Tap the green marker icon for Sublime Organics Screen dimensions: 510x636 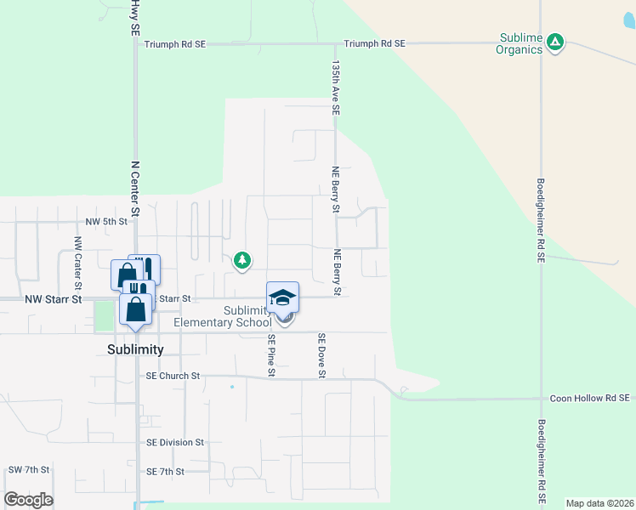tap(555, 42)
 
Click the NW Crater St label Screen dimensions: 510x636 tap(77, 255)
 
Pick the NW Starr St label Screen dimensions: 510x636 tap(53, 299)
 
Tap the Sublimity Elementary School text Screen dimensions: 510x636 tap(223, 316)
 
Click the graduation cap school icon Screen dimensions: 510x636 tap(283, 297)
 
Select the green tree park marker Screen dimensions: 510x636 tap(242, 260)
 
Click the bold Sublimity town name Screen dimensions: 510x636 tap(135, 349)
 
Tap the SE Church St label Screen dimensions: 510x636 tap(173, 375)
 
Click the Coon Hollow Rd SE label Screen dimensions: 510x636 tap(588, 398)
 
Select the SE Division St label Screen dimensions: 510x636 tap(175, 442)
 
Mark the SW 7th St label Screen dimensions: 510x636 tap(29, 469)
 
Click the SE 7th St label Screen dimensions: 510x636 tap(165, 471)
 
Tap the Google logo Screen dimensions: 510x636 tap(28, 500)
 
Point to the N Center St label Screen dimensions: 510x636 tap(135, 188)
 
